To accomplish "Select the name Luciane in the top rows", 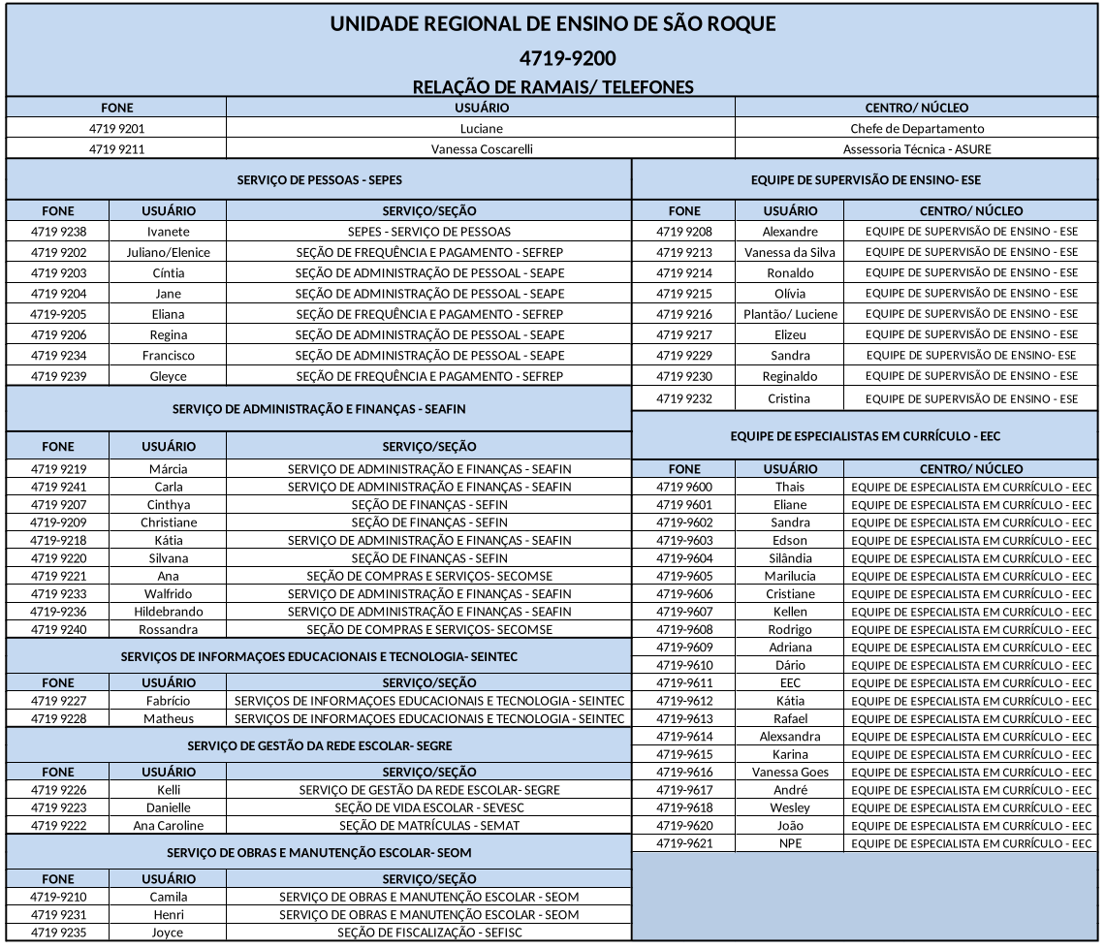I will click(481, 129).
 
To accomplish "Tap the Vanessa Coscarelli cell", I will click(481, 149).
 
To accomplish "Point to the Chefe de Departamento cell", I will click(917, 129).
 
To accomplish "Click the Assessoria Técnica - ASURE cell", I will click(917, 149).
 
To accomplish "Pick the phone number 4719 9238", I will click(58, 232).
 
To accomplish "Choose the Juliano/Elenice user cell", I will click(168, 252).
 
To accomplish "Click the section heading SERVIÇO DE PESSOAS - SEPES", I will click(319, 180).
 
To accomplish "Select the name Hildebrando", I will click(168, 612).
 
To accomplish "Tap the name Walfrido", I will click(168, 593).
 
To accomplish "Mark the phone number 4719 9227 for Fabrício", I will click(58, 701).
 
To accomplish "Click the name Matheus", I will click(168, 719).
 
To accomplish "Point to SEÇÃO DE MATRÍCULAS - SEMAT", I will click(429, 826).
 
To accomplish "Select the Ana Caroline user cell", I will click(168, 826).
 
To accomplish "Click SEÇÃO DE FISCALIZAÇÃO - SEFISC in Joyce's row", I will click(429, 933).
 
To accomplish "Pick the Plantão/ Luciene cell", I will click(790, 314).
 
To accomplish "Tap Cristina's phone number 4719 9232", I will click(683, 398).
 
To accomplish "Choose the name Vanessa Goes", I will click(790, 773).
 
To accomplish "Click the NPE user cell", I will click(790, 843).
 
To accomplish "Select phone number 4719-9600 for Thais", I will click(683, 487).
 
